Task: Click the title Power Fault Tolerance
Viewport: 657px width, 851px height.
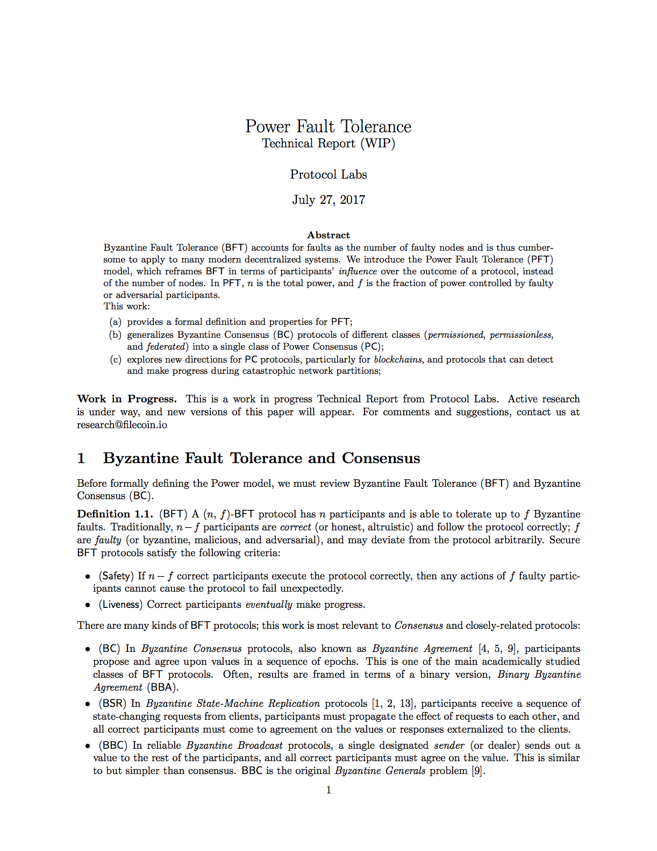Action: [x=328, y=126]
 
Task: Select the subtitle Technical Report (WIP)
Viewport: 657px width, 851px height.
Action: [x=328, y=144]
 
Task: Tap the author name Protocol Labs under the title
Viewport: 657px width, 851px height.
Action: [x=328, y=175]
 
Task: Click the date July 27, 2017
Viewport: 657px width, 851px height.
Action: [x=328, y=200]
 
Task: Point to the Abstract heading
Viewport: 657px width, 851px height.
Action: [x=328, y=235]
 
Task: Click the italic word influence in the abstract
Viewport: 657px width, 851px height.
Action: [x=358, y=271]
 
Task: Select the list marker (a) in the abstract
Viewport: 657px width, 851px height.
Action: [x=115, y=322]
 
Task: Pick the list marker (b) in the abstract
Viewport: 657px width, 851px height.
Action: [x=115, y=335]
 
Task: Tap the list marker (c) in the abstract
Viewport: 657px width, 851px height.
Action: [x=115, y=359]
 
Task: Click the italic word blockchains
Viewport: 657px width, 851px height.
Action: [x=398, y=359]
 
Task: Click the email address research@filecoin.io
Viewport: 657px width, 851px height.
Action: [x=122, y=425]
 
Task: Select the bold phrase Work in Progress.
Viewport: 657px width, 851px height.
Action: [x=127, y=399]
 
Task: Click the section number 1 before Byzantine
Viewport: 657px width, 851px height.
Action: [x=81, y=458]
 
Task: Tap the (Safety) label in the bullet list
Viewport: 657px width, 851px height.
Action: [x=116, y=576]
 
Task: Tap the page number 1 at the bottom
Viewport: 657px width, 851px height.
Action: [x=328, y=790]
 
